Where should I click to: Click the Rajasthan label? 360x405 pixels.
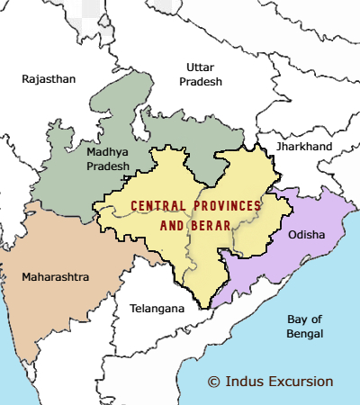click(49, 79)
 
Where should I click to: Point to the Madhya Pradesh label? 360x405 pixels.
click(108, 159)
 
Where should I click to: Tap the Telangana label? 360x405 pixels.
click(157, 309)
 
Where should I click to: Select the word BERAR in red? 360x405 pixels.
click(209, 225)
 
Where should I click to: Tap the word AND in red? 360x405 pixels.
click(173, 225)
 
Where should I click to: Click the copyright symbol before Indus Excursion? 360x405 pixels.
click(213, 382)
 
